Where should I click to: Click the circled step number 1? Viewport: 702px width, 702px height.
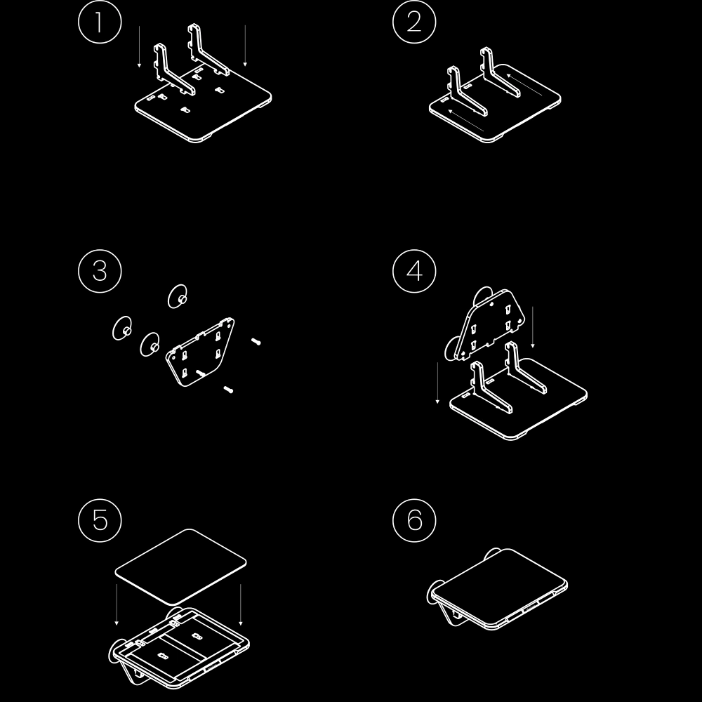99,22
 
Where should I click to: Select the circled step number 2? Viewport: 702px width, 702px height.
414,22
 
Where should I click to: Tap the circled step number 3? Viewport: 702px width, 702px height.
99,270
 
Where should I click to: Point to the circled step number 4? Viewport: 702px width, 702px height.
414,270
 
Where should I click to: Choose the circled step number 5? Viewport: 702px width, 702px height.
99,520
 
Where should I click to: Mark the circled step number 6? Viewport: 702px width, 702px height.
414,520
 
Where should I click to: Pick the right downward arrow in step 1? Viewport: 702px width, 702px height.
245,46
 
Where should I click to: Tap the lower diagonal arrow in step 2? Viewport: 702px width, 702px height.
466,119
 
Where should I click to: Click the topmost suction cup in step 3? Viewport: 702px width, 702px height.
178,296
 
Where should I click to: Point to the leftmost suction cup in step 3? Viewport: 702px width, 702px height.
122,328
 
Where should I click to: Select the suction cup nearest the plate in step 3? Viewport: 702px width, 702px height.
150,344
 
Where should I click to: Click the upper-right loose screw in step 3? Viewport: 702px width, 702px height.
256,341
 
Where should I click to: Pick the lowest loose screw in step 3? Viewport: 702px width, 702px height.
228,389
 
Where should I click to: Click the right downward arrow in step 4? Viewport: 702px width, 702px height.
534,326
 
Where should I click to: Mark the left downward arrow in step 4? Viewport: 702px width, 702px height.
438,383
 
